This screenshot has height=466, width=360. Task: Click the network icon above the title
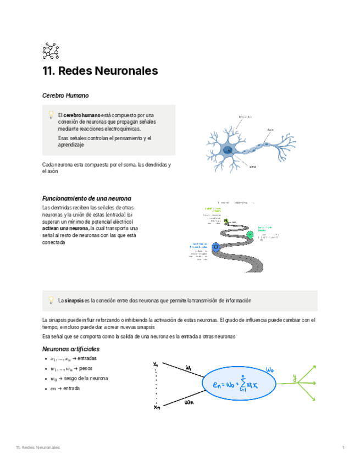point(50,51)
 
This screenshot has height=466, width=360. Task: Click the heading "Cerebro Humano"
point(65,96)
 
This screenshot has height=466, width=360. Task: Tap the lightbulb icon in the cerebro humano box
point(51,115)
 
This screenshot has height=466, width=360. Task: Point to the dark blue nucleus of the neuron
point(226,149)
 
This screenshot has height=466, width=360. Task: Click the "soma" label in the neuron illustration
point(252,166)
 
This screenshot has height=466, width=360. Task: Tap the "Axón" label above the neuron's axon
point(270,130)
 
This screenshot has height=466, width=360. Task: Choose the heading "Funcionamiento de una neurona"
point(87,198)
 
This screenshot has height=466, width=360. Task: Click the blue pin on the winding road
point(216,247)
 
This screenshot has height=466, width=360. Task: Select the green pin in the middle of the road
point(251,235)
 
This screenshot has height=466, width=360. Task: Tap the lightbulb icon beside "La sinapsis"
point(51,301)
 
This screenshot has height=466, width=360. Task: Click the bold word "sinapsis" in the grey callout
point(74,301)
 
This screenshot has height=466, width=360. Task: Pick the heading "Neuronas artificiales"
point(71,349)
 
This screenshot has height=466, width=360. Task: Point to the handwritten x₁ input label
point(156,364)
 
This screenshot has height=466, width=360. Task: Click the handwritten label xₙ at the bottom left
point(157,408)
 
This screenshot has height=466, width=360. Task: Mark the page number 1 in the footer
point(343,448)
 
